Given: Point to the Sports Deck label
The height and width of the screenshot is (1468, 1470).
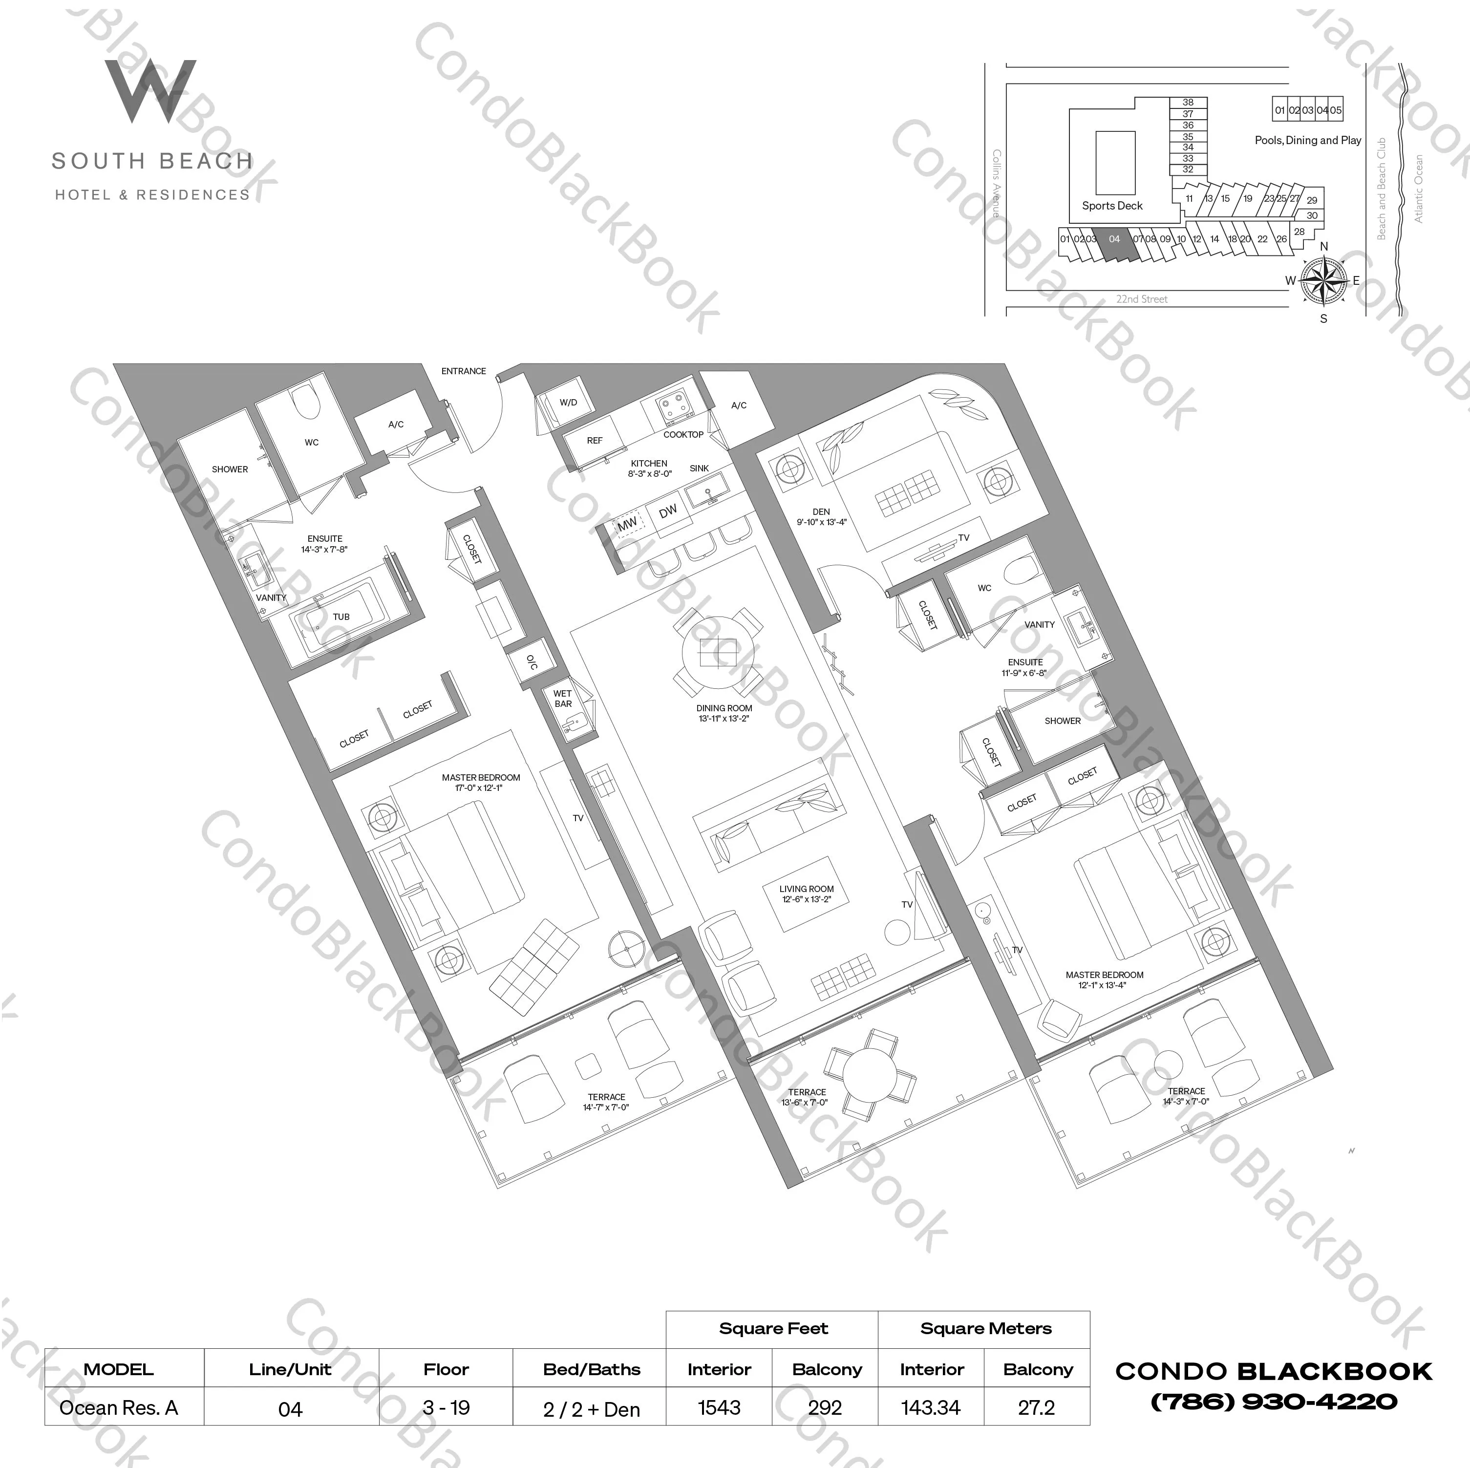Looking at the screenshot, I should [1111, 206].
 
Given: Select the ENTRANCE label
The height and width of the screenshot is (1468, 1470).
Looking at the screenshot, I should [463, 371].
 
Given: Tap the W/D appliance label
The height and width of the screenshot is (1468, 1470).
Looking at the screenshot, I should [568, 403].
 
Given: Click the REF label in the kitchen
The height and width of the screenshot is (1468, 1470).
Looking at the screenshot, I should [594, 441].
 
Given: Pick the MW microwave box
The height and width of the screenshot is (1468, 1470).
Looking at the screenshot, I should [628, 524].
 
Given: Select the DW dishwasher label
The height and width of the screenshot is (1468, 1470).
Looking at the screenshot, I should [668, 512].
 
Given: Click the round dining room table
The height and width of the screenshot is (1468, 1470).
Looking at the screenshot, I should [718, 653].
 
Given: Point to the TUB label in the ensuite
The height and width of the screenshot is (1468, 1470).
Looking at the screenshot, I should [341, 617].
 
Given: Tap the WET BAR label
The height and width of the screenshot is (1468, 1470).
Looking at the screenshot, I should [563, 699].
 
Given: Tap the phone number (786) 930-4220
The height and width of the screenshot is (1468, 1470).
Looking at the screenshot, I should [1274, 1402].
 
